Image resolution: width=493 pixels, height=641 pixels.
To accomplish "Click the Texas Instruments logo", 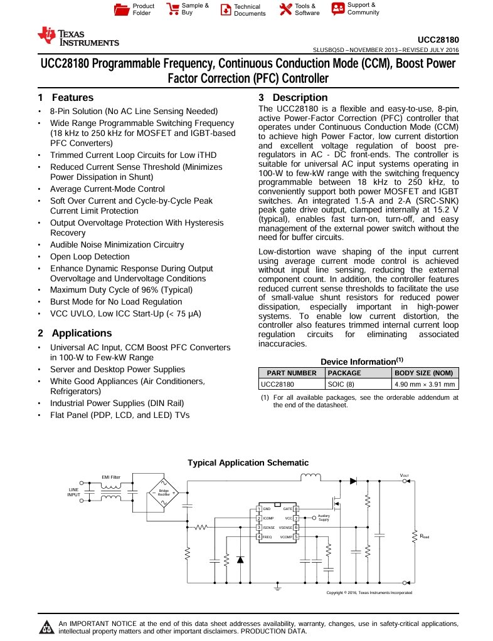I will [78, 37].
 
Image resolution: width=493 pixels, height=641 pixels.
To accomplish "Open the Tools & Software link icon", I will [285, 9].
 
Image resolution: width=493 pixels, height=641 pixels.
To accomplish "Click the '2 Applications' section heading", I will [75, 333].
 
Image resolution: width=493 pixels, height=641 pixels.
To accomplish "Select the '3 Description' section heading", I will [293, 98].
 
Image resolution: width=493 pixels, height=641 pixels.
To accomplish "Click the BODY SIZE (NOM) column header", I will [425, 373].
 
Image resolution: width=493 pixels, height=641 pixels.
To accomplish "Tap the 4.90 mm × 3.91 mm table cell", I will [425, 384].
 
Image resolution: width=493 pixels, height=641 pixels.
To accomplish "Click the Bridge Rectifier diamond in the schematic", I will [163, 492].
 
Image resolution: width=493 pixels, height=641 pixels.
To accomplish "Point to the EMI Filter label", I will [111, 477].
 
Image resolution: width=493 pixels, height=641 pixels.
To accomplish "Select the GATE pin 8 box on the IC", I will [296, 509].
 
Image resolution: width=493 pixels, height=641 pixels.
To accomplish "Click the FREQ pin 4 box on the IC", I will [259, 537].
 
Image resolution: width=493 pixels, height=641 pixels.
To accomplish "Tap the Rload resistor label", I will [425, 537].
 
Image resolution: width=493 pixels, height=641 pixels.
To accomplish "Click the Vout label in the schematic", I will [405, 476].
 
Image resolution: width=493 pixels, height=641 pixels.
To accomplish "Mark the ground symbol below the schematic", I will [277, 588].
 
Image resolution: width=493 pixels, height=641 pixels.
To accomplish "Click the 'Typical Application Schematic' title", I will [248, 463].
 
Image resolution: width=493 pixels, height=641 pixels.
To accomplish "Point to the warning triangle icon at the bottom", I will [46, 627].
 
